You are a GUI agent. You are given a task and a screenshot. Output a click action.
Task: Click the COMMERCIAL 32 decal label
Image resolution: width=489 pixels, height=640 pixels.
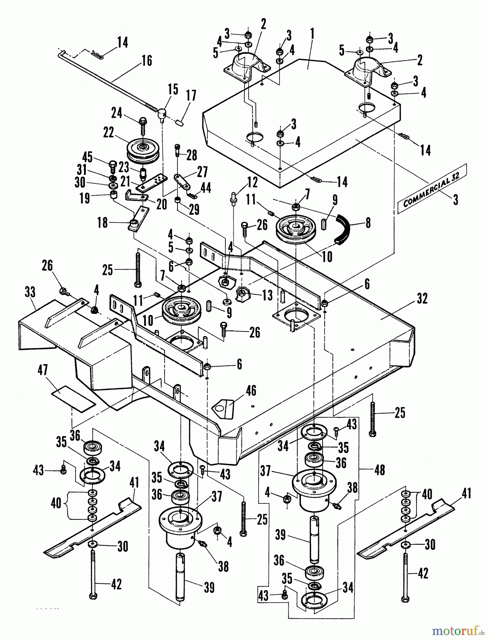(431, 188)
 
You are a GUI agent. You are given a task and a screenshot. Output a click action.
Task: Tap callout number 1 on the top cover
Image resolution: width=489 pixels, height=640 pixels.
(312, 34)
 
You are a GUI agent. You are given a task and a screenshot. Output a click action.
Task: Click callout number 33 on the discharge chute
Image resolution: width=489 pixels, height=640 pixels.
(30, 293)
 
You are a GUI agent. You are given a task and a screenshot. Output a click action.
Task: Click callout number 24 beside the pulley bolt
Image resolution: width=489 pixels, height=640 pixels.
(116, 114)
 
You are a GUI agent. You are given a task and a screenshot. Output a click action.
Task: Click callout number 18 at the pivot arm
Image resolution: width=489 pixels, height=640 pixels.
(102, 224)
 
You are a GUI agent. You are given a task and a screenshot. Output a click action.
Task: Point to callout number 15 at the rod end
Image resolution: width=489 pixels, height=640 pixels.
(172, 90)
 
